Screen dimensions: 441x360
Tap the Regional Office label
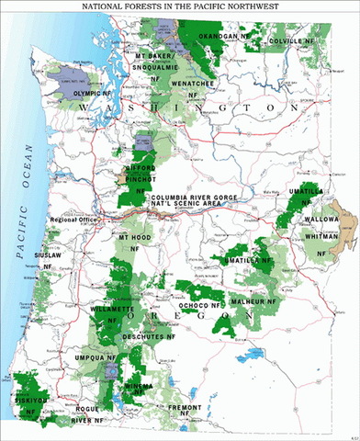coord(76,220)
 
